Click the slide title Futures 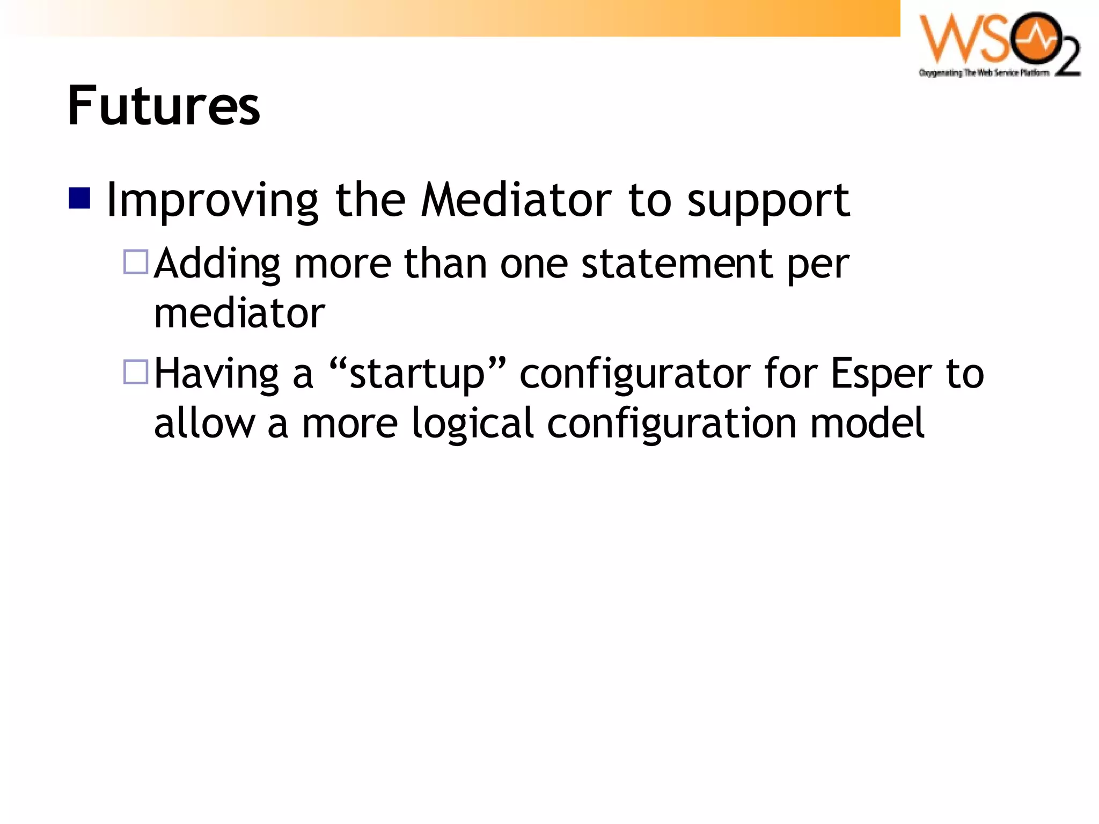click(164, 106)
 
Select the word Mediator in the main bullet click(516, 200)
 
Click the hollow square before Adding click(136, 262)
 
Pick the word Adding click(217, 264)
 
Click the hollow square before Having click(136, 371)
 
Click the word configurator click(635, 374)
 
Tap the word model click(867, 423)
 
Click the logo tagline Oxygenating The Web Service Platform click(984, 73)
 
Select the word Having click(216, 374)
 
